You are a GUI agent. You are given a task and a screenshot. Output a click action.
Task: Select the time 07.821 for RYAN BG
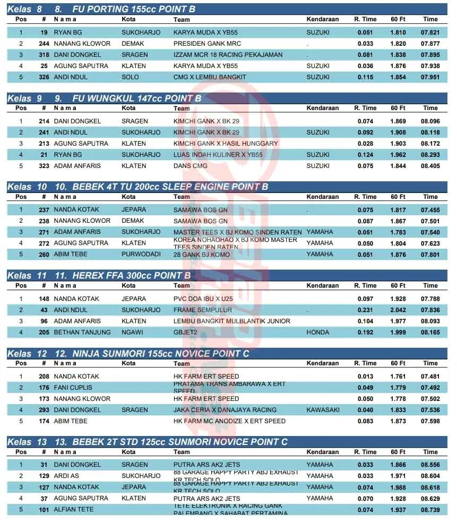[430, 32]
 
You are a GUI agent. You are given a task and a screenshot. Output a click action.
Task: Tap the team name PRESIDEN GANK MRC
[207, 44]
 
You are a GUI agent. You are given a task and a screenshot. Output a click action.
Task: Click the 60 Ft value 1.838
[398, 55]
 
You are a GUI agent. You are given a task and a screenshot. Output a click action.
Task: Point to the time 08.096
[430, 121]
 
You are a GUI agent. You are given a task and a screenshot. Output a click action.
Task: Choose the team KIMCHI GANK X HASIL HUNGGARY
[226, 144]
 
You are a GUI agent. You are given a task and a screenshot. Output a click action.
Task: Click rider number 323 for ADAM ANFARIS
[44, 166]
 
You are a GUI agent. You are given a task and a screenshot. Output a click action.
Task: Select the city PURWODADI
[141, 254]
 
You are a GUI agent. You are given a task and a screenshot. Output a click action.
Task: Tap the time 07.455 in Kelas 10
[430, 209]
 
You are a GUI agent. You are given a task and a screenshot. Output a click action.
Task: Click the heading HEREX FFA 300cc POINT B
[123, 275]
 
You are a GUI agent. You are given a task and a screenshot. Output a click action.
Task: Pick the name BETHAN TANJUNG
[82, 332]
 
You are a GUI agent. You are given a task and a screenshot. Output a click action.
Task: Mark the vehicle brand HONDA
[318, 332]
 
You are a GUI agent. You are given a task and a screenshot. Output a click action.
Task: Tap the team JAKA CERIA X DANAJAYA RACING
[225, 410]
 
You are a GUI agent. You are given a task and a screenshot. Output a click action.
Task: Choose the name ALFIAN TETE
[74, 509]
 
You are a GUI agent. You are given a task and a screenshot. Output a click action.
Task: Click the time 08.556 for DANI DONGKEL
[430, 465]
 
